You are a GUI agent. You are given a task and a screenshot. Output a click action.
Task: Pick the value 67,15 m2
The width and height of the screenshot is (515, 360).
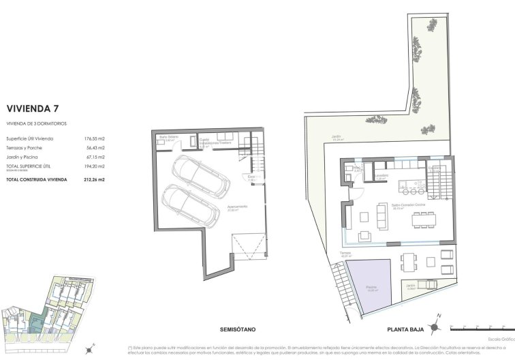(94, 157)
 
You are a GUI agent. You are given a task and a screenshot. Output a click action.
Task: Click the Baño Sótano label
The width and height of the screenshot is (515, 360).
(168, 136)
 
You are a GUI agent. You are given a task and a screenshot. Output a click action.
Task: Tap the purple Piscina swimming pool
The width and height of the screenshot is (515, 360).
(369, 286)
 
